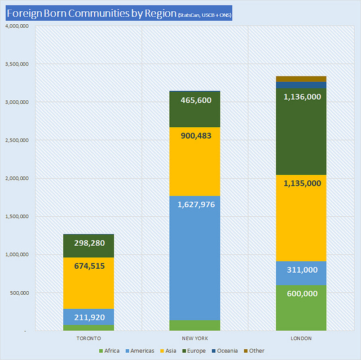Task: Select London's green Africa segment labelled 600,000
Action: coord(301,308)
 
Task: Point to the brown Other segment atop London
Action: coord(301,79)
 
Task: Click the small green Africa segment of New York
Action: coord(195,325)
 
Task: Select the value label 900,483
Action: coord(195,136)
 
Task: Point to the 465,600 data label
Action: coord(195,100)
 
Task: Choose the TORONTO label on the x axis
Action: coord(89,338)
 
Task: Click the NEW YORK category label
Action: coord(195,338)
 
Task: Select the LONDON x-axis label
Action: coord(301,338)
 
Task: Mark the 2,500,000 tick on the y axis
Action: coord(17,140)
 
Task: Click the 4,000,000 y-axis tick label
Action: coord(17,26)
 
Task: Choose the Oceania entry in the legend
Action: coord(224,351)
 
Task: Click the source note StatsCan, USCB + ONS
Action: coord(204,15)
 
